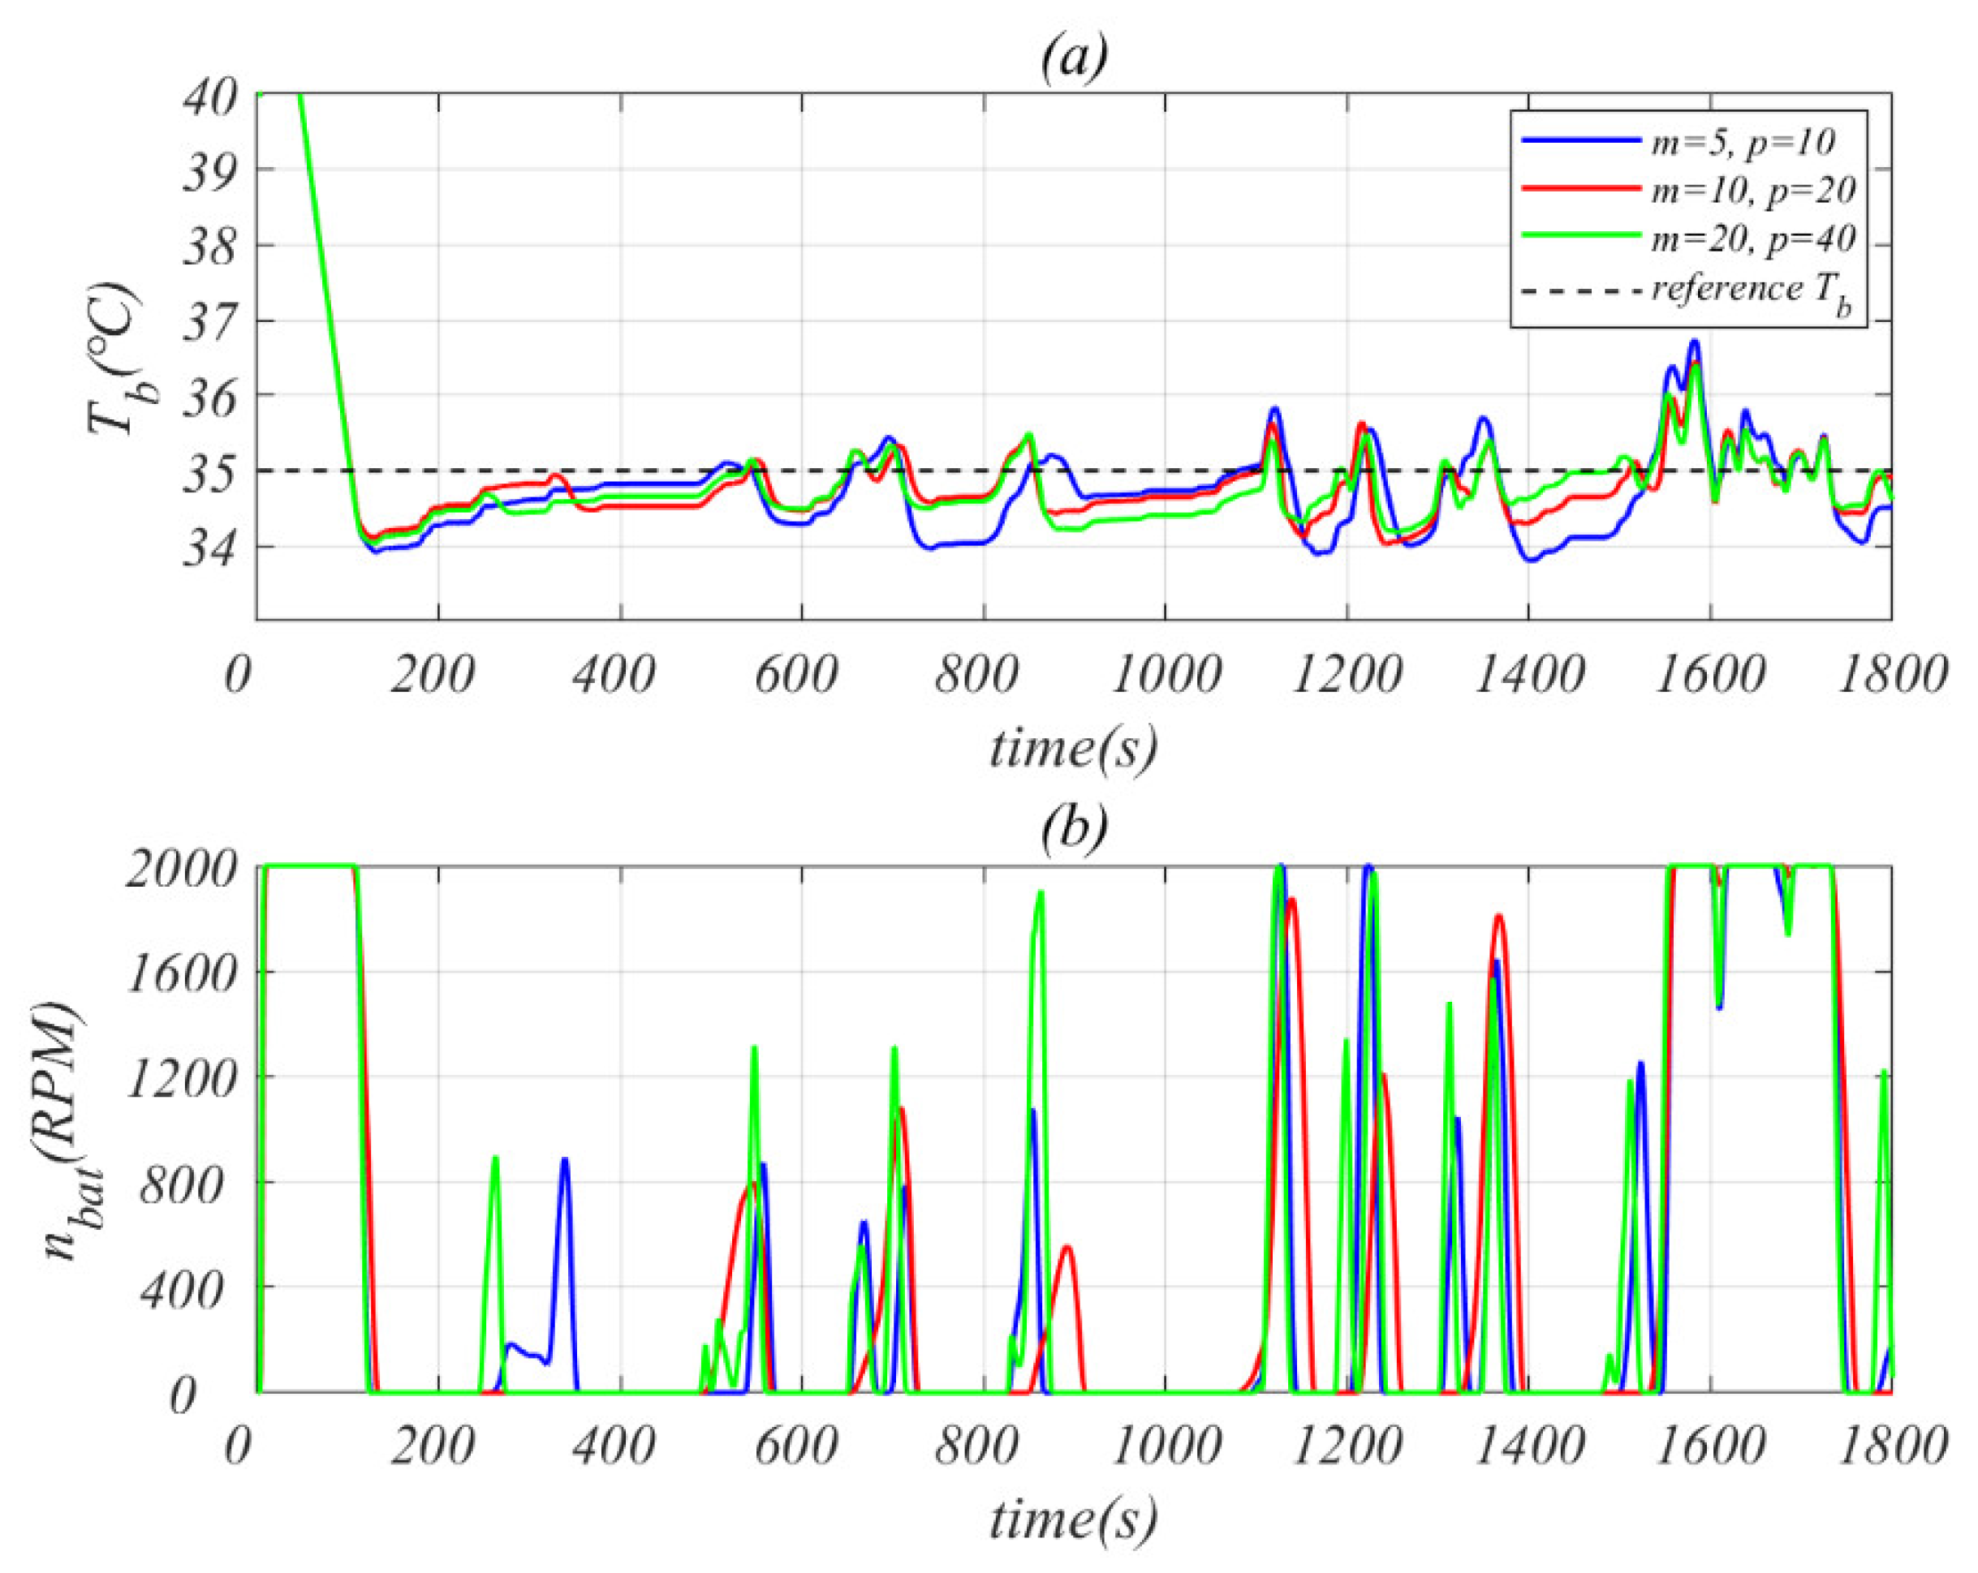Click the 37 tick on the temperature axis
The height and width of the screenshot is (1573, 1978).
tap(210, 324)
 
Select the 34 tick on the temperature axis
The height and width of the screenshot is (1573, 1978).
tap(210, 550)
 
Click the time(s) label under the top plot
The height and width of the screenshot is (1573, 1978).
tap(1073, 747)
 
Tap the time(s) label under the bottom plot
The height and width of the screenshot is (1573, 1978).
tap(1073, 1518)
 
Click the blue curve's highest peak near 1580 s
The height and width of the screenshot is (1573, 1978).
tap(1695, 342)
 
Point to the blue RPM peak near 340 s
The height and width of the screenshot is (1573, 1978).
tap(565, 1159)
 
